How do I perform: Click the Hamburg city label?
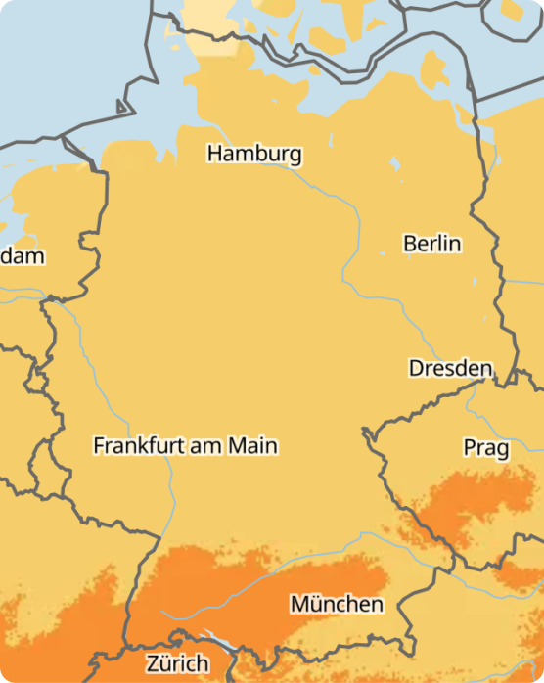click(x=254, y=155)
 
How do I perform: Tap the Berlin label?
click(x=431, y=244)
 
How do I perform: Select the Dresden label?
click(x=450, y=369)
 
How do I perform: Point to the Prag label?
click(x=485, y=448)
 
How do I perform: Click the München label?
click(x=337, y=604)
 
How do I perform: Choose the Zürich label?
click(x=177, y=663)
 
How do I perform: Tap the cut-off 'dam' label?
click(x=22, y=256)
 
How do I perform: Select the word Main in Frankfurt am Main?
click(x=252, y=446)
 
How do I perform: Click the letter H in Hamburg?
click(x=214, y=155)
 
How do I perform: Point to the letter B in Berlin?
click(x=411, y=244)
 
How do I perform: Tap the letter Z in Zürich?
click(x=153, y=663)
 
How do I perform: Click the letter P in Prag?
click(x=470, y=448)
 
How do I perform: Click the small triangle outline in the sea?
click(x=123, y=106)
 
